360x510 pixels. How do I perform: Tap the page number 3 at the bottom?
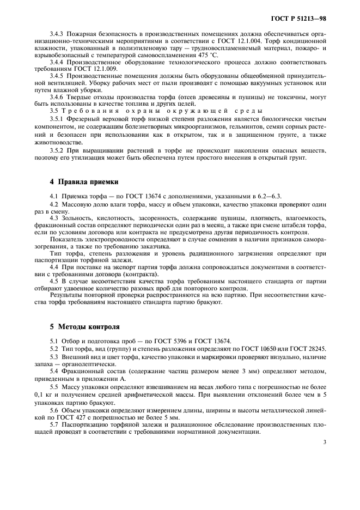325,442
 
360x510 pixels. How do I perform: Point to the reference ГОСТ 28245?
310,348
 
